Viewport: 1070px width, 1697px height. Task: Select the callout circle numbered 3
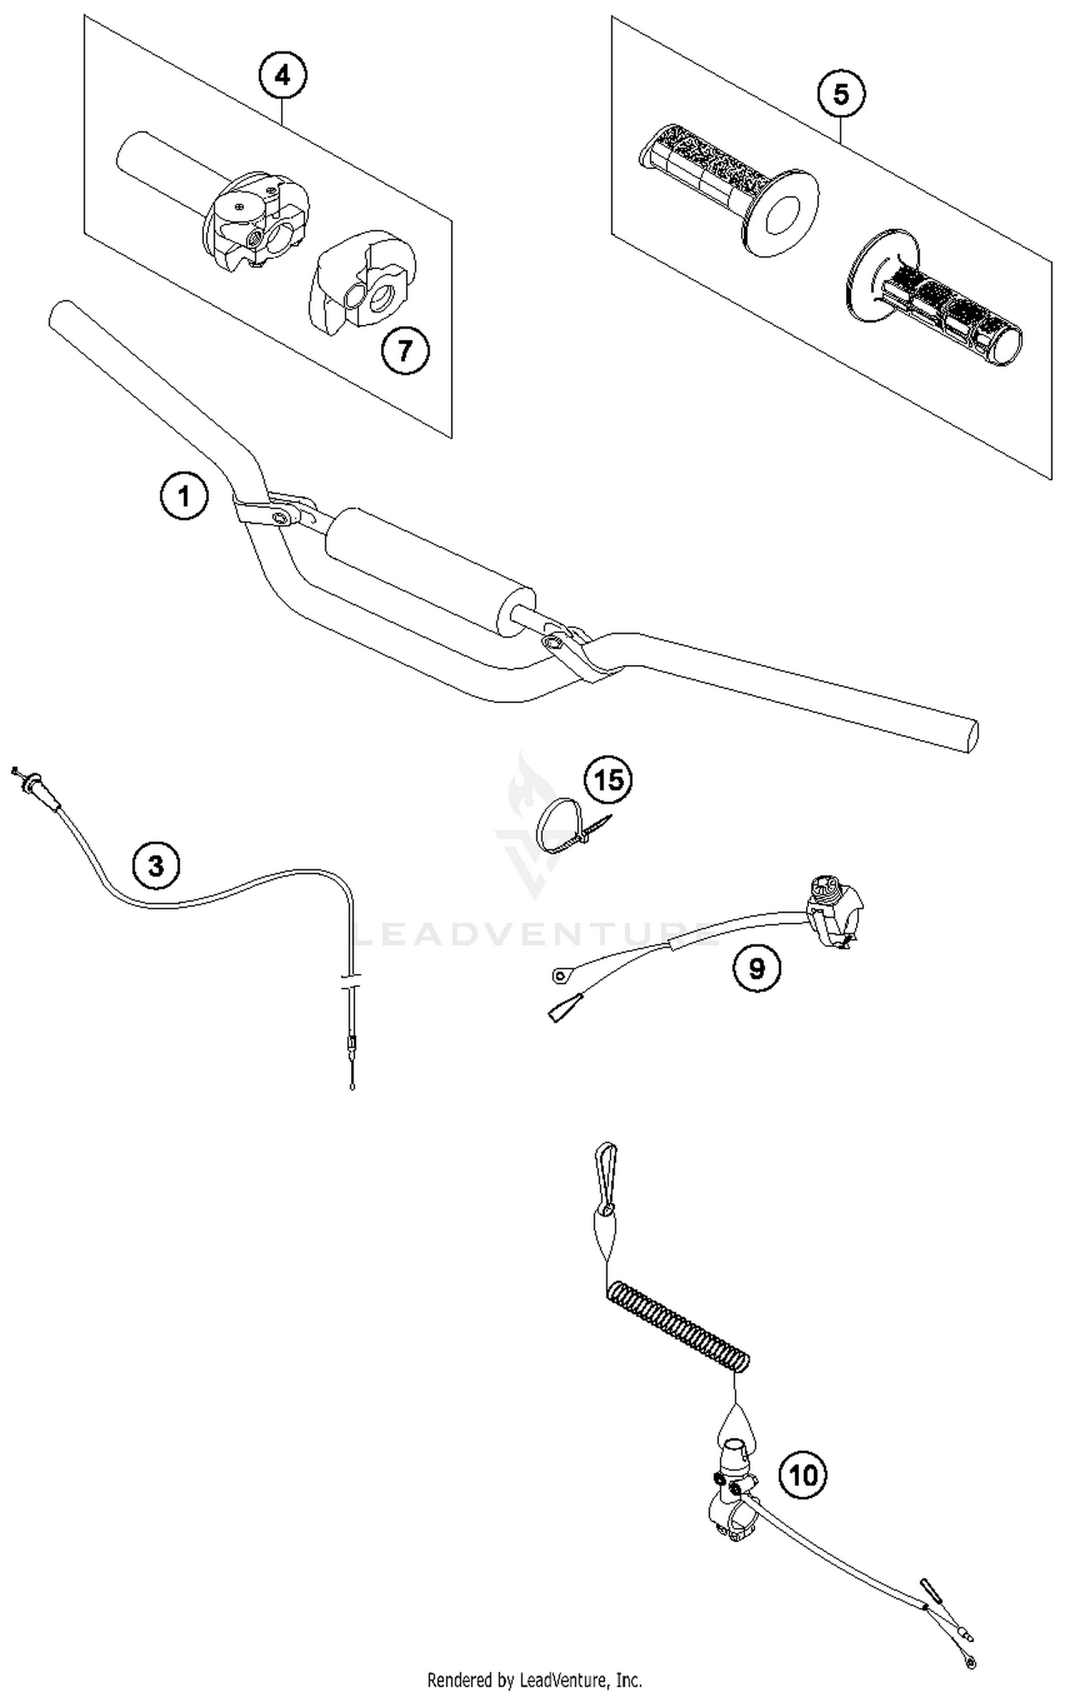pyautogui.click(x=156, y=866)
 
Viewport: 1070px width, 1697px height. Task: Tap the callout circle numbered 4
pyautogui.click(x=282, y=75)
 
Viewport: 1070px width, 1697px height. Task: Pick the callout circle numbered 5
pyautogui.click(x=841, y=94)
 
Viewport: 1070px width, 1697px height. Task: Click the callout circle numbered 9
pyautogui.click(x=756, y=968)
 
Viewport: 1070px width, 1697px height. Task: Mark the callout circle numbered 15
pyautogui.click(x=608, y=780)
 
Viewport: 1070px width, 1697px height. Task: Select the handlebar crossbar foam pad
pyautogui.click(x=430, y=573)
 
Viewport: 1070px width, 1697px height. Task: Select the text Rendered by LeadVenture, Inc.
pyautogui.click(x=534, y=1679)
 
